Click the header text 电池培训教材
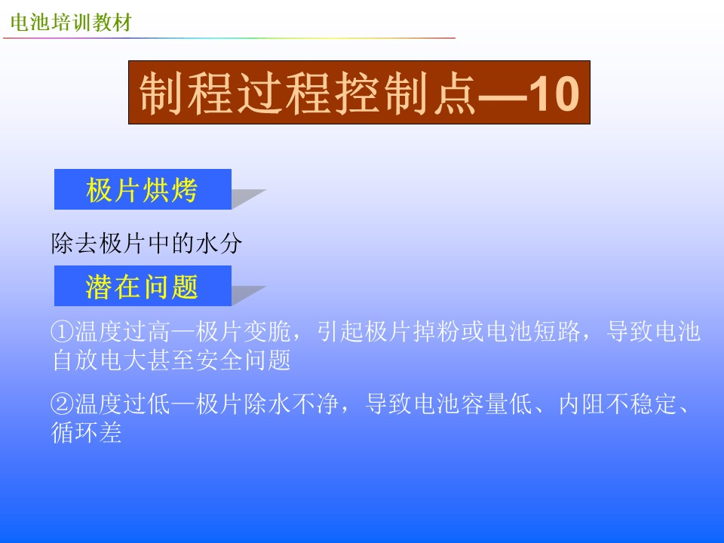pyautogui.click(x=71, y=22)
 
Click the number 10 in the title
pyautogui.click(x=553, y=94)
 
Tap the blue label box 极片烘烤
pyautogui.click(x=143, y=189)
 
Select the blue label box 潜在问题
pyautogui.click(x=143, y=286)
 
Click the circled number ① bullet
pyautogui.click(x=63, y=332)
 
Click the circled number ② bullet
pyautogui.click(x=63, y=404)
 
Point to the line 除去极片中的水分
pyautogui.click(x=146, y=244)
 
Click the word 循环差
pyautogui.click(x=86, y=433)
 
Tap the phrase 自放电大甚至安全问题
pyautogui.click(x=171, y=360)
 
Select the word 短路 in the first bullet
pyautogui.click(x=557, y=332)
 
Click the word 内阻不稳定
pyautogui.click(x=618, y=404)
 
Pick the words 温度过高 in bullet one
pyautogui.click(x=122, y=332)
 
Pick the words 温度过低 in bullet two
pyautogui.click(x=122, y=404)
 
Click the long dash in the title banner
pyautogui.click(x=502, y=97)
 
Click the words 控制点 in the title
pyautogui.click(x=405, y=94)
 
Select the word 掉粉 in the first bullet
pyautogui.click(x=437, y=332)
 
